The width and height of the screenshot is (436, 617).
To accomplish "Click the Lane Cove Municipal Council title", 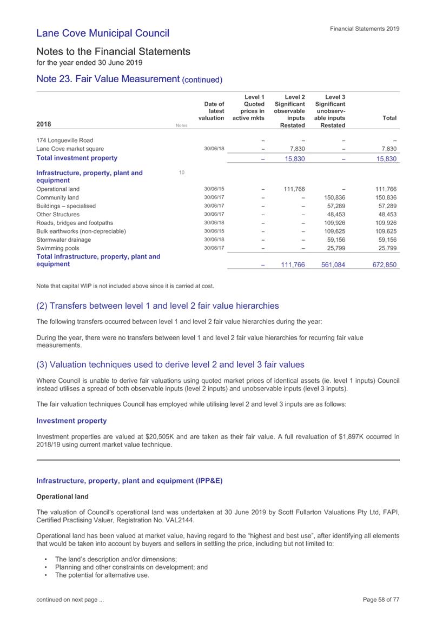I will click(103, 34).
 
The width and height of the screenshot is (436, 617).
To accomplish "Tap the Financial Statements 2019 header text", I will click(365, 29).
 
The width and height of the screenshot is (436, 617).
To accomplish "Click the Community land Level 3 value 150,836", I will click(334, 198).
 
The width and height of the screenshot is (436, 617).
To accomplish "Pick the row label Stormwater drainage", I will click(63, 240).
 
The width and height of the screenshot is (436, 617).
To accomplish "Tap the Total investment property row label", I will click(76, 158).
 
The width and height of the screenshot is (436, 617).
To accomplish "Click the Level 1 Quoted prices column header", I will click(248, 108).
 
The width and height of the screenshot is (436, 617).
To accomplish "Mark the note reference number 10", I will click(182, 173).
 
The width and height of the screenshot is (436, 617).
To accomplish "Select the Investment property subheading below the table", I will click(71, 420).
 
